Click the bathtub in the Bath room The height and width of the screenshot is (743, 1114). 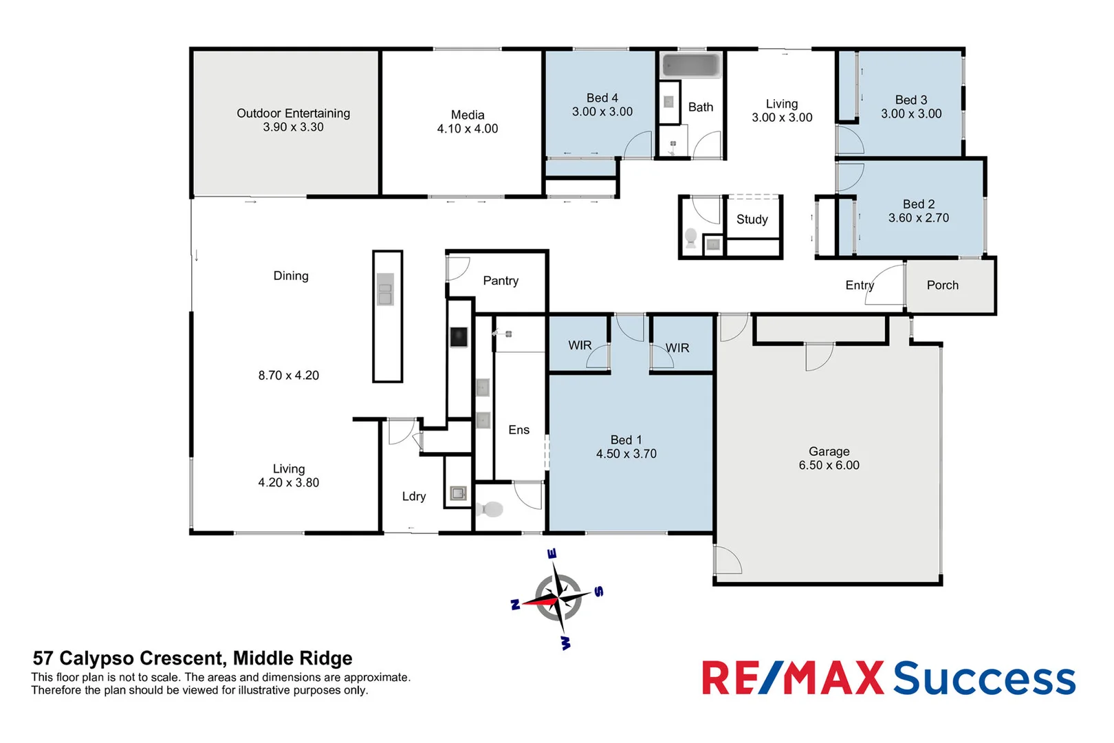(x=690, y=66)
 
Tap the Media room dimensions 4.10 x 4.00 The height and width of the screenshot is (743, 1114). (x=468, y=129)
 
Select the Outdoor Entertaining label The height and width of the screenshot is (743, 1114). (x=293, y=113)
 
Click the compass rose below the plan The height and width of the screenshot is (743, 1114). (x=558, y=599)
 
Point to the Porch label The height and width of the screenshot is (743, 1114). (x=942, y=285)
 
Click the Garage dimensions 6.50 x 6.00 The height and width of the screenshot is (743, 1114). (x=829, y=465)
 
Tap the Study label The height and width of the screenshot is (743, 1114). (x=752, y=219)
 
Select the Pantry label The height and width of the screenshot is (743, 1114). (x=501, y=281)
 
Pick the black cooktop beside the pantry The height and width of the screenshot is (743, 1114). (x=459, y=337)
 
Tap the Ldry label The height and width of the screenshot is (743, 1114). (x=414, y=496)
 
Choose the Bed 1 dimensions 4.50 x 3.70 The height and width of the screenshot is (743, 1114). (x=626, y=454)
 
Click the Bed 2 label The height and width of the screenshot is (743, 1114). (x=918, y=204)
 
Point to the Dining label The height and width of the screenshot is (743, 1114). (x=291, y=276)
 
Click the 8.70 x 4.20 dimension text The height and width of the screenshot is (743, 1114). (x=289, y=376)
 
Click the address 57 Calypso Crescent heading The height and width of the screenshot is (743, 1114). (x=193, y=658)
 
